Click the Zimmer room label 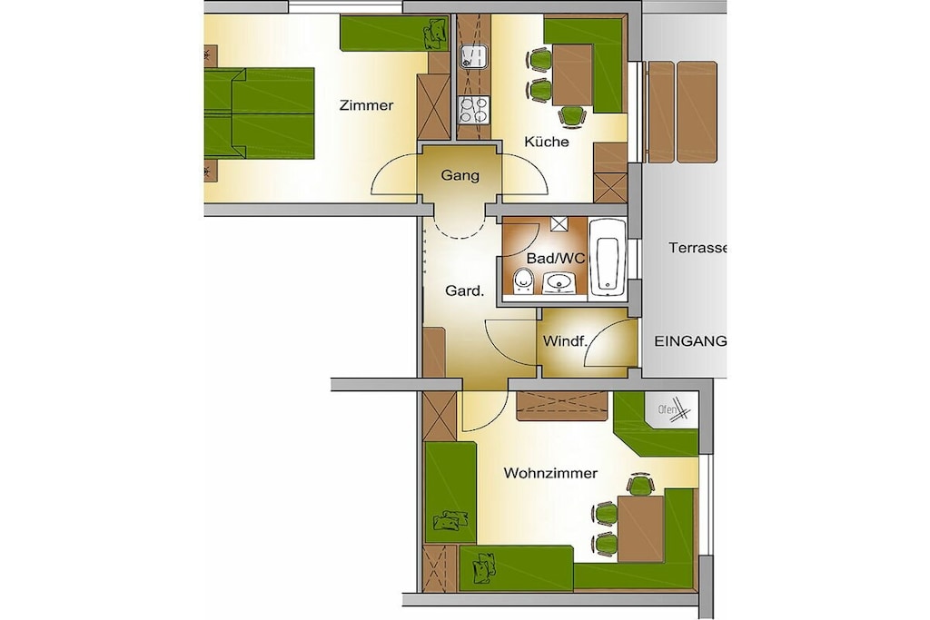pyautogui.click(x=366, y=105)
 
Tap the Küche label pyautogui.click(x=546, y=142)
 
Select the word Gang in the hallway pyautogui.click(x=460, y=175)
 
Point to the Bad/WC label pyautogui.click(x=555, y=259)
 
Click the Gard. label pyautogui.click(x=464, y=291)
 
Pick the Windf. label pyautogui.click(x=565, y=341)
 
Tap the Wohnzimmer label pyautogui.click(x=549, y=473)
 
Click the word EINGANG pyautogui.click(x=690, y=340)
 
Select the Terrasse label pyautogui.click(x=697, y=248)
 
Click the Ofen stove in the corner pyautogui.click(x=673, y=409)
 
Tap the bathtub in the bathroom pyautogui.click(x=608, y=259)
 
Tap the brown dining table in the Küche pyautogui.click(x=572, y=74)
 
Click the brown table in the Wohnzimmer pyautogui.click(x=640, y=528)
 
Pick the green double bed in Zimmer pyautogui.click(x=259, y=113)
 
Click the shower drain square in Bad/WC pyautogui.click(x=559, y=223)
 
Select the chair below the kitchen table pyautogui.click(x=571, y=115)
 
